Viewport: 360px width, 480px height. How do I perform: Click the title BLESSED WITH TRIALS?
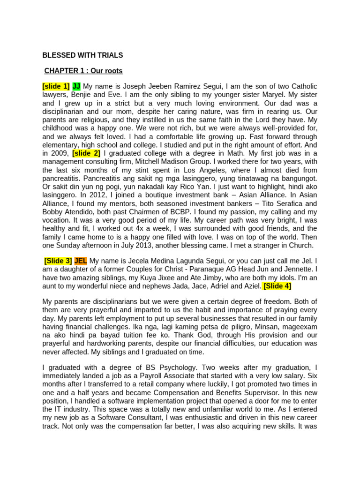coord(82,55)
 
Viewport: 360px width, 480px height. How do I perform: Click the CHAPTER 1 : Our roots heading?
coord(83,71)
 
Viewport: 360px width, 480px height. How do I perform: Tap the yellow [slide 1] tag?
coord(56,86)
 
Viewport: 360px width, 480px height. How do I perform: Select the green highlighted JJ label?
coord(76,86)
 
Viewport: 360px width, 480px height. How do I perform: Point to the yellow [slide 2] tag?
coord(86,153)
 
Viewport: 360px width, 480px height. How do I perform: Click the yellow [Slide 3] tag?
coord(58,261)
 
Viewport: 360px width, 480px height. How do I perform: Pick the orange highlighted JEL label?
coord(81,261)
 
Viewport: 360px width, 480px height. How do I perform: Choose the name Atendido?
coord(79,212)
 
